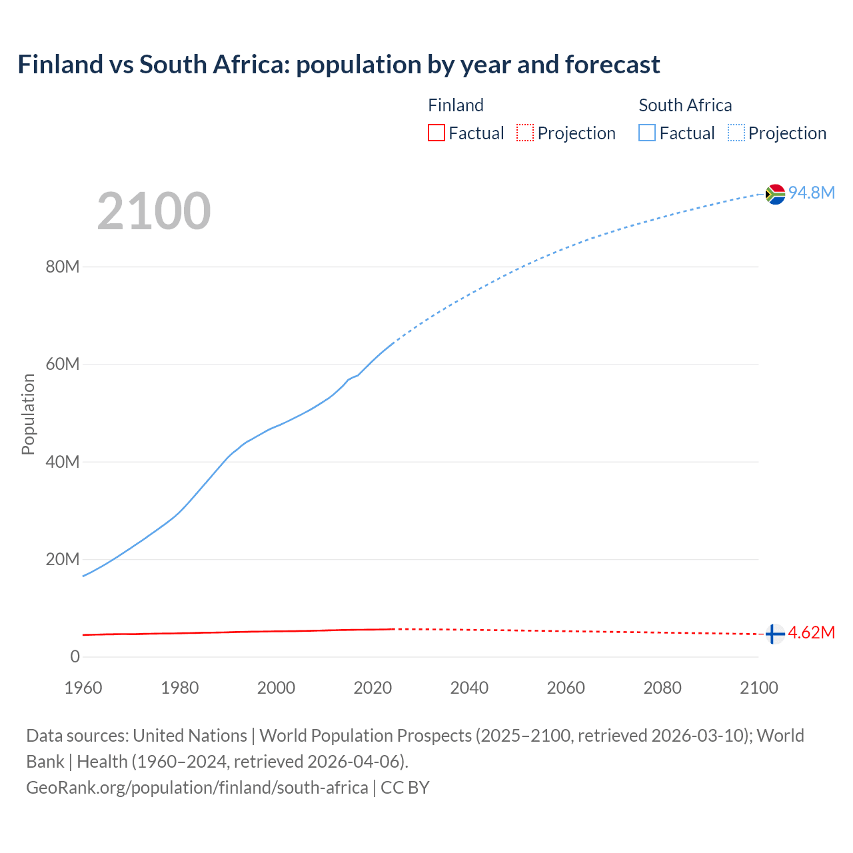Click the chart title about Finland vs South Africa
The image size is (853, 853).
339,65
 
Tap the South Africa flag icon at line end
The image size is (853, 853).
775,194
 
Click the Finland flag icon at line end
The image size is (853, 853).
774,634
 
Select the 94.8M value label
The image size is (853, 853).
811,193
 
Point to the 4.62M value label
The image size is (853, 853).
811,632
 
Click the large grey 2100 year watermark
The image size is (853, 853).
154,211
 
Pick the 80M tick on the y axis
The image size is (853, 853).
63,267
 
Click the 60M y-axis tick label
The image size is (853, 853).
63,365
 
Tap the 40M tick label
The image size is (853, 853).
63,462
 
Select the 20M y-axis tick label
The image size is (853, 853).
63,559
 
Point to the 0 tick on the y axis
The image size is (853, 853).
75,656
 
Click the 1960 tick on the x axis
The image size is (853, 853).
83,688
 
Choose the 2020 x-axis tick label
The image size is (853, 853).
373,688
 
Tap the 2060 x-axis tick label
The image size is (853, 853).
566,688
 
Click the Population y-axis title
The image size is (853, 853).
28,414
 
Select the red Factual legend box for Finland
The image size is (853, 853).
436,133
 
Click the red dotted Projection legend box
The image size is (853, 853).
525,133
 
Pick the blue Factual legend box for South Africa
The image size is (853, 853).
647,133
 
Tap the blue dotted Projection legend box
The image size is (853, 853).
736,133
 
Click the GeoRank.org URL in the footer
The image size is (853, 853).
197,788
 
